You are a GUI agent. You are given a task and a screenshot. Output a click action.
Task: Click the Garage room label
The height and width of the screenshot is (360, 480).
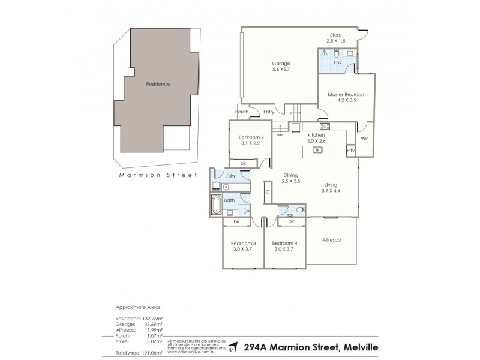tap(281, 63)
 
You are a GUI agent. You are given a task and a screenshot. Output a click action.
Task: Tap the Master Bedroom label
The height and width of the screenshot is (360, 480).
tap(346, 95)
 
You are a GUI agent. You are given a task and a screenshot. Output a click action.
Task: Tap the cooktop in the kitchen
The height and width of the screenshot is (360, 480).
tap(325, 127)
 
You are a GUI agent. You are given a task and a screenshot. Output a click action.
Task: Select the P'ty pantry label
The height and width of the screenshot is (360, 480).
tap(351, 151)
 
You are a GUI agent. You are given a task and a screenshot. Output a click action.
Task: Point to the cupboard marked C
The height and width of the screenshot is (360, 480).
tap(268, 192)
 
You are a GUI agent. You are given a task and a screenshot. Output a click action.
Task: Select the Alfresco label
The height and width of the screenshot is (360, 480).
tap(332, 240)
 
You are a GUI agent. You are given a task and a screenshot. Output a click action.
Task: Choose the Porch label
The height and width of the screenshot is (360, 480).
tap(241, 111)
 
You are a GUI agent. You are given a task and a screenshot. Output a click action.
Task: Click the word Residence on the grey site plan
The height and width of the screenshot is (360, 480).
tap(158, 84)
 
